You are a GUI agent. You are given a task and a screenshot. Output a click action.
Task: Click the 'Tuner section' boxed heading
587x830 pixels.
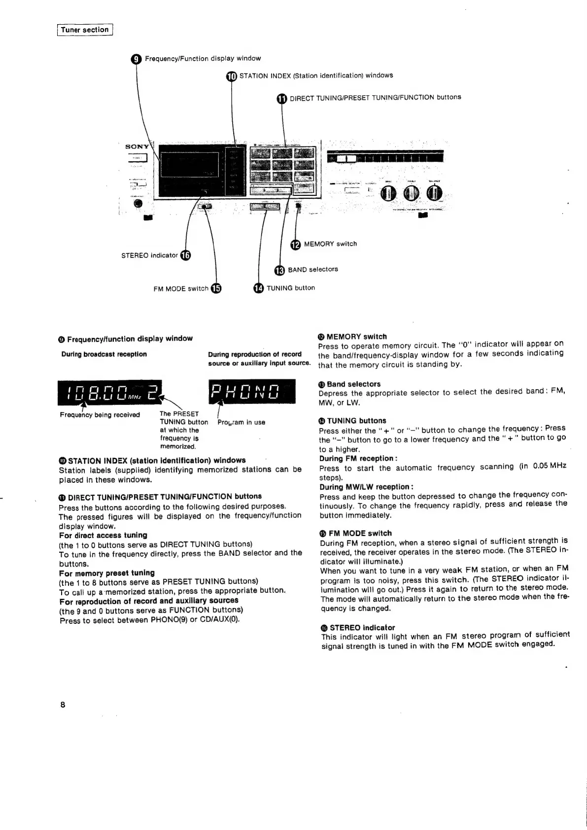coord(85,30)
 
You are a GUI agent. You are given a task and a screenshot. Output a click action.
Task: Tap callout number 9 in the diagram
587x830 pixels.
coord(137,59)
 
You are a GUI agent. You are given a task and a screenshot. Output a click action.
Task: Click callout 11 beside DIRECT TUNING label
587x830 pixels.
coord(281,98)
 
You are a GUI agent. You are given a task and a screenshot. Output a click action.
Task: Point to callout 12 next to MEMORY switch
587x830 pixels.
coord(295,244)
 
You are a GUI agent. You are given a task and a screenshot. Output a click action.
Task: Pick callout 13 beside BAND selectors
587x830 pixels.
coord(279,270)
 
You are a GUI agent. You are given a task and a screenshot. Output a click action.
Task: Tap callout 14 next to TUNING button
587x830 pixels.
coord(258,289)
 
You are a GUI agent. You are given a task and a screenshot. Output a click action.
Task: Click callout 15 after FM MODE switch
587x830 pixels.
coord(215,289)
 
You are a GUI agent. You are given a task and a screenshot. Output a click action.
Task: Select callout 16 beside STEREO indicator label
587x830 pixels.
coord(185,255)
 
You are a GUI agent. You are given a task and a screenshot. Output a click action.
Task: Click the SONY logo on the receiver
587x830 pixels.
coord(137,147)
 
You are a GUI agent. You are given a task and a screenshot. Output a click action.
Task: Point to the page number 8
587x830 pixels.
coord(63,704)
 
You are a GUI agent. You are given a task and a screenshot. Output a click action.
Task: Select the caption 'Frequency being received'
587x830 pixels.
coord(100,415)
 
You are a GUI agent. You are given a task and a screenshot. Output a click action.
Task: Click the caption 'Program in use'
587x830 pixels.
coord(242,423)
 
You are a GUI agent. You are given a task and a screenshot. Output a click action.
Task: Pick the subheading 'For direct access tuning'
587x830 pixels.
coord(103,535)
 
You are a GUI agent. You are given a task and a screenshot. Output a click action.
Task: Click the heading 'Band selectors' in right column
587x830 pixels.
coord(353,384)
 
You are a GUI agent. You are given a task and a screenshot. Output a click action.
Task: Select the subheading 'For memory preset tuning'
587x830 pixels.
coord(107,573)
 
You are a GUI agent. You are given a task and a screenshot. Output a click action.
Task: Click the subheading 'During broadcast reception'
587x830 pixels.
coord(104,354)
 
